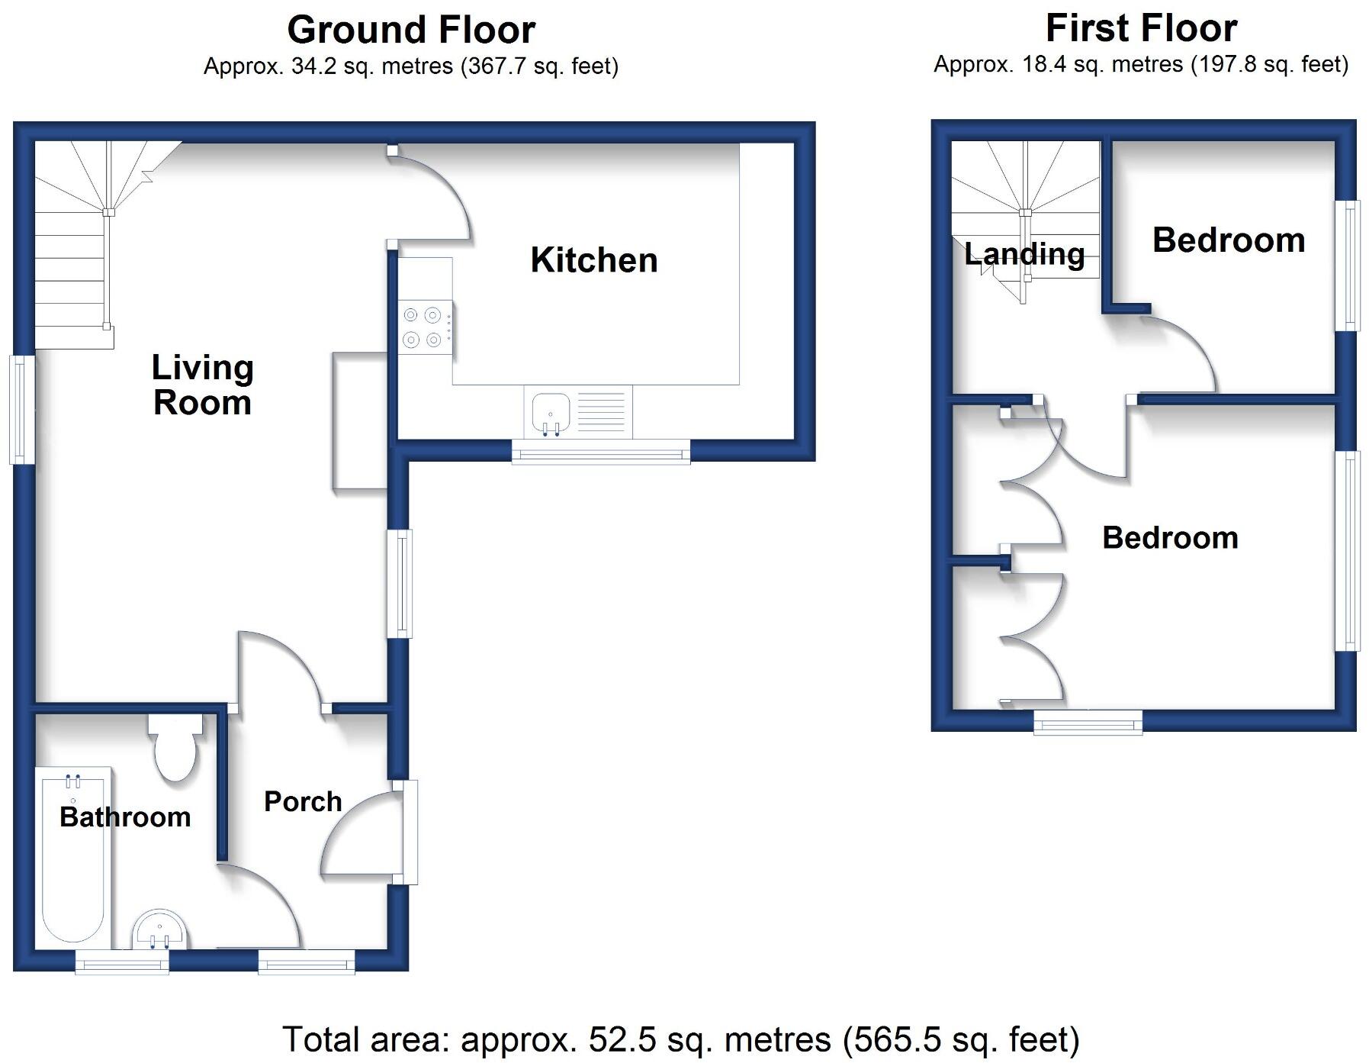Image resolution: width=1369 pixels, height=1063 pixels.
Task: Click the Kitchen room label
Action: pos(593,260)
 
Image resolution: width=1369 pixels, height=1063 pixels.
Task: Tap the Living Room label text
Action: pos(202,385)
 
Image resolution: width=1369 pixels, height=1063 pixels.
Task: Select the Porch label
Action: pos(303,801)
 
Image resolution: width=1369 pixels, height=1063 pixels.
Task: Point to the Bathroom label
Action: pos(125,817)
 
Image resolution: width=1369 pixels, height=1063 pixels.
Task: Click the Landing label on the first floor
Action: pos(1024,254)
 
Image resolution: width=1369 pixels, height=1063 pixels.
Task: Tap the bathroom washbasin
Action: pos(159,930)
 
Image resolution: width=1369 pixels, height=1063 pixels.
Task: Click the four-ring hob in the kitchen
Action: pos(423,327)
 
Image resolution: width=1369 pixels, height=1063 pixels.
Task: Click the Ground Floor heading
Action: pos(410,31)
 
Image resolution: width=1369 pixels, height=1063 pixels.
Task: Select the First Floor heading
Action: pos(1140,29)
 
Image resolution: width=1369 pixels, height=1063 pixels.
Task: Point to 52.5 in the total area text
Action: pos(615,1039)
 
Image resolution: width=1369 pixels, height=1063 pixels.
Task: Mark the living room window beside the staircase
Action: pos(22,410)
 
